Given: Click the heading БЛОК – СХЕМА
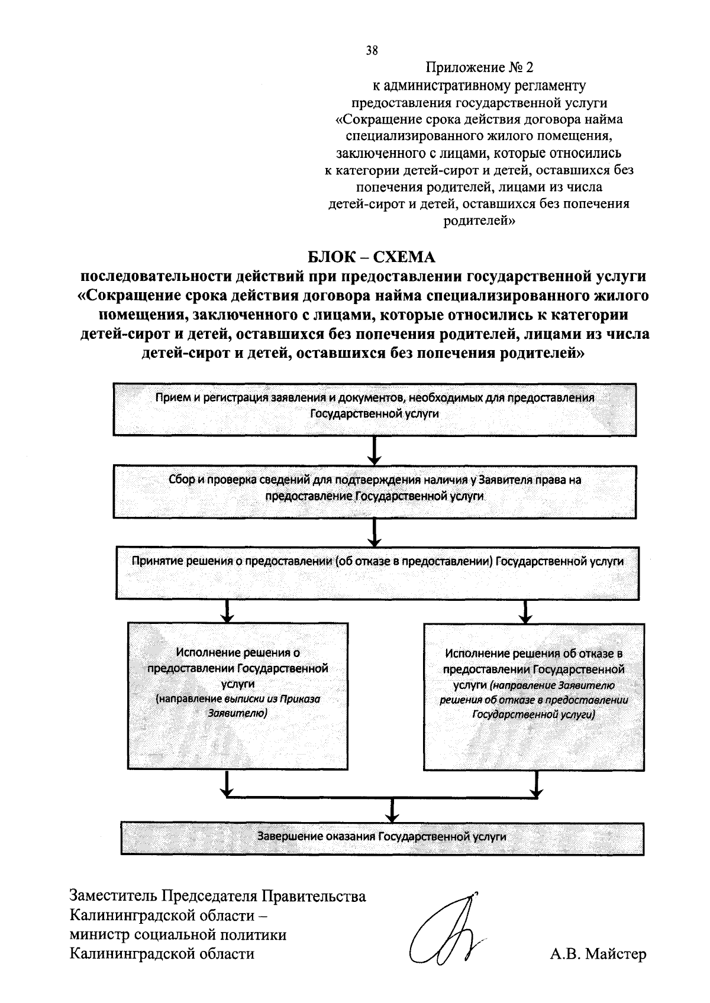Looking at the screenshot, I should tap(372, 257).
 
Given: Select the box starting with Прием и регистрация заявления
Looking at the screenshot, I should tap(375, 409).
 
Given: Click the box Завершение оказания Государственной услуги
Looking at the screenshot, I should tap(382, 837).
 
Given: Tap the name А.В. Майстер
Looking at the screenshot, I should tap(598, 954).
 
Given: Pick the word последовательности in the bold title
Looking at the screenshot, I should tap(156, 276).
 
